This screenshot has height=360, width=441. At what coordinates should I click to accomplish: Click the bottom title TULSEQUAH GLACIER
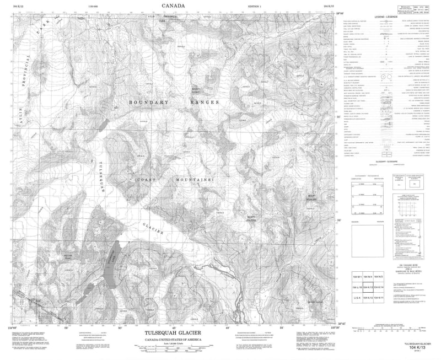coord(173,333)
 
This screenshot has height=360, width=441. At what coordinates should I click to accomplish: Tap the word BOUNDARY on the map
coord(148,102)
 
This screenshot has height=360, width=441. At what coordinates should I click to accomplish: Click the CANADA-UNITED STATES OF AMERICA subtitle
coord(174,340)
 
